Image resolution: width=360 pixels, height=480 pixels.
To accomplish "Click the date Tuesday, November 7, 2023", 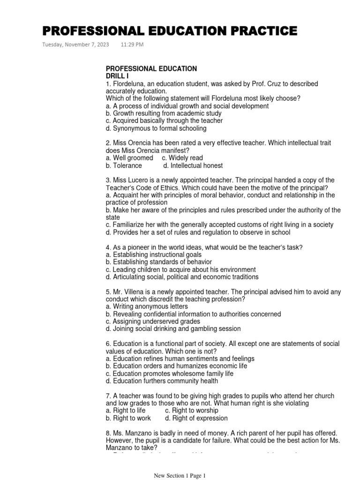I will coord(75,45).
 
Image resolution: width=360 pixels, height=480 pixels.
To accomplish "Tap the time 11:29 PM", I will coord(132,45).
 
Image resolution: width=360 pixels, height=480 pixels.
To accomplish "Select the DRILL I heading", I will coord(117,76).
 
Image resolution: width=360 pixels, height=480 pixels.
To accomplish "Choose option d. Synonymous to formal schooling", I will coord(156,128).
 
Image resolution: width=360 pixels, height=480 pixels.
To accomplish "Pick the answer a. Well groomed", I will coord(129,158).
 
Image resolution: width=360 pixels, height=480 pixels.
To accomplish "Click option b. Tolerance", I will coord(124,165).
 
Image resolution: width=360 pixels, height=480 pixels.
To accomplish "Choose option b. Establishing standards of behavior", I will coord(159,262).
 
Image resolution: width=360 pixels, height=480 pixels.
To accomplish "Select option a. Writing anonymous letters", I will coord(147,307).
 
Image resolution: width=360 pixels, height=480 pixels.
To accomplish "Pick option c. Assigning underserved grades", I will coord(153,322).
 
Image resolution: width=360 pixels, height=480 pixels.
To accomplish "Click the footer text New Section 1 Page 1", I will coord(180,476).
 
